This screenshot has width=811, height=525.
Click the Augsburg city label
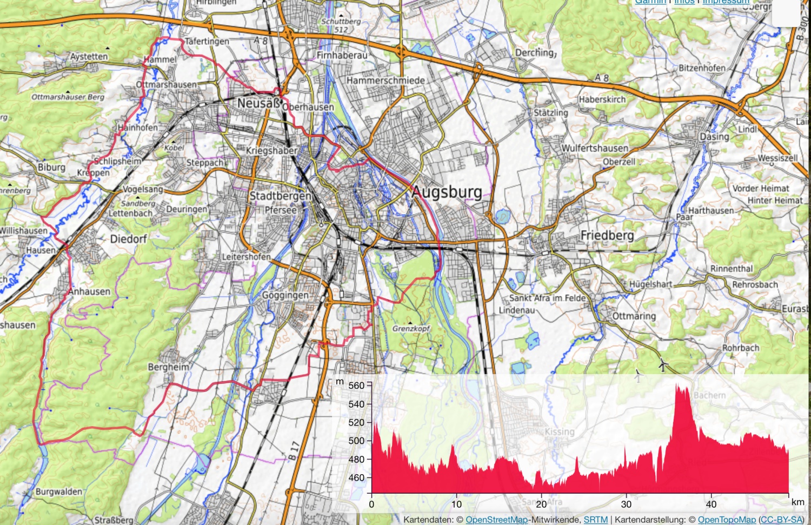(x=447, y=192)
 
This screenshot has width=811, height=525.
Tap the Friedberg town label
(x=607, y=235)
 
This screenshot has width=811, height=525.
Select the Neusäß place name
(x=259, y=103)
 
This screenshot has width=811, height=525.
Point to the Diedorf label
(x=128, y=239)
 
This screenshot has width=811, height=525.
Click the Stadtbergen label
(x=280, y=196)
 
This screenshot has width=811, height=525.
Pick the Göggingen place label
(x=285, y=295)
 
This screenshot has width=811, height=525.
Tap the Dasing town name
(x=714, y=137)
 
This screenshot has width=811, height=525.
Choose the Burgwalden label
(x=58, y=491)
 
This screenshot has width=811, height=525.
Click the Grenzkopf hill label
(x=411, y=328)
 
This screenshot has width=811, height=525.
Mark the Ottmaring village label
(x=634, y=316)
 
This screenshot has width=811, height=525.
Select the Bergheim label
(x=169, y=367)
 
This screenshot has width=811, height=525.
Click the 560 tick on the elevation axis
(x=356, y=386)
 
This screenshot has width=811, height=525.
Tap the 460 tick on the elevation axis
(x=356, y=477)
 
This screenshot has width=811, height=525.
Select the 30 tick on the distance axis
(x=626, y=504)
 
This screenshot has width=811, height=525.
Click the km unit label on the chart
(x=797, y=502)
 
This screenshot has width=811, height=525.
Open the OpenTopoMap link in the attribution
(x=727, y=520)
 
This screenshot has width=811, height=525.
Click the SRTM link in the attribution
(x=595, y=520)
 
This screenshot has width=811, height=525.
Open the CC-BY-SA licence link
(x=782, y=520)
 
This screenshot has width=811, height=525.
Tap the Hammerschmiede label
(x=385, y=80)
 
